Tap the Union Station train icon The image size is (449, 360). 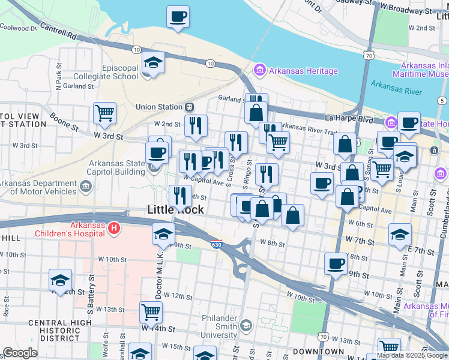pyautogui.click(x=189, y=107)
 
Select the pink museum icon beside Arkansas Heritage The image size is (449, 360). pyautogui.click(x=259, y=71)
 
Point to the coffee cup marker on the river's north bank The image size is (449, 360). pyautogui.click(x=178, y=17)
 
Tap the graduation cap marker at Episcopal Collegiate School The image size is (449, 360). pyautogui.click(x=153, y=62)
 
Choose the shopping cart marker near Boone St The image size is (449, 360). pyautogui.click(x=104, y=113)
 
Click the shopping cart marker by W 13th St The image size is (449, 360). pyautogui.click(x=151, y=312)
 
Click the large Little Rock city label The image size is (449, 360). pyautogui.click(x=175, y=210)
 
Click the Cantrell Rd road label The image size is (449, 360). pyautogui.click(x=58, y=35)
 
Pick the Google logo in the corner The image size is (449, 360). pyautogui.click(x=19, y=353)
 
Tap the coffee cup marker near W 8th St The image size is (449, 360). pyautogui.click(x=336, y=263)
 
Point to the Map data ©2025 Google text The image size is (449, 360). pyautogui.click(x=412, y=355)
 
